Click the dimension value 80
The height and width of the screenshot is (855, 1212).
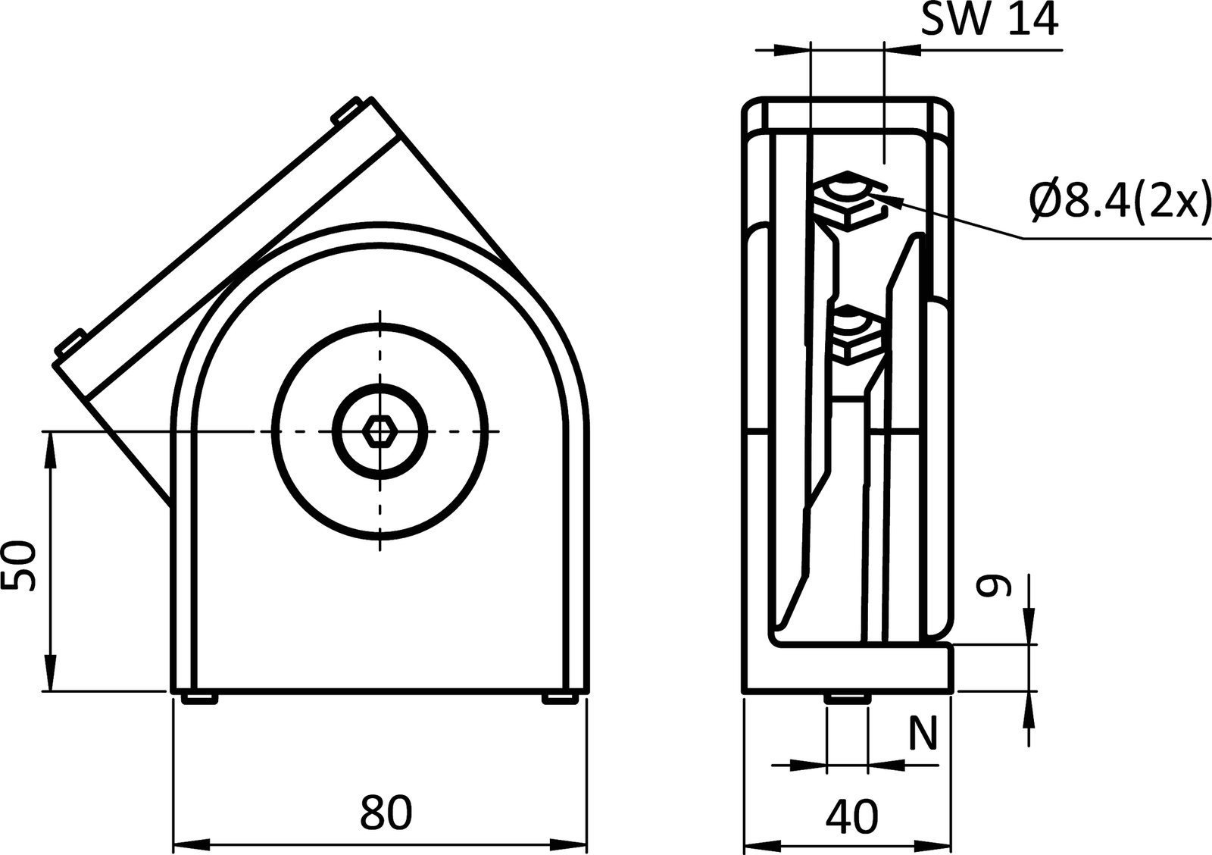point(386,812)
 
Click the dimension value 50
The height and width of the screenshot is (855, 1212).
point(20,565)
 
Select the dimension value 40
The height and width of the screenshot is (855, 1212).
point(852,816)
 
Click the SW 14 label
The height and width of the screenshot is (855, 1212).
point(989,21)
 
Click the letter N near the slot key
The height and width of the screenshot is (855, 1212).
point(923,732)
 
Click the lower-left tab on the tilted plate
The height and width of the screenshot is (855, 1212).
point(70,343)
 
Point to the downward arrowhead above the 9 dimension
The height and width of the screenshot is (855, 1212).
point(1029,628)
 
